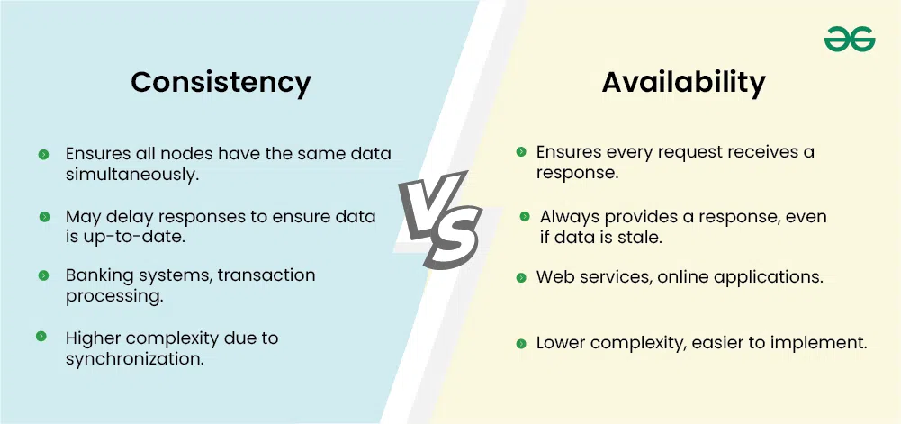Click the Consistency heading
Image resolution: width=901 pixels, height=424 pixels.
point(221,83)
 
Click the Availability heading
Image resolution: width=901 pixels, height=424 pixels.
point(683,83)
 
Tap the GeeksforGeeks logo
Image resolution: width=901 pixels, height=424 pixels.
point(850,40)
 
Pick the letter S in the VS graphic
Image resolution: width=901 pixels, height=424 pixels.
point(454,239)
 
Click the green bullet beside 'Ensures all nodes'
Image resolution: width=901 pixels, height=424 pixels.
point(44,154)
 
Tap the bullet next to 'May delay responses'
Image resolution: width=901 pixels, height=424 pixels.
point(44,217)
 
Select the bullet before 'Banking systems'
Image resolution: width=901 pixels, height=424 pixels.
point(44,275)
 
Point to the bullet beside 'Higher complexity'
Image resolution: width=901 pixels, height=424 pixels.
point(41,336)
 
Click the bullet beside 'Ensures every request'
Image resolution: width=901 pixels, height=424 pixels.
point(521,151)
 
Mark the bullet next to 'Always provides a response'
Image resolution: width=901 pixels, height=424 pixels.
point(525,217)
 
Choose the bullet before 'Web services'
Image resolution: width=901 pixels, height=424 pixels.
point(521,278)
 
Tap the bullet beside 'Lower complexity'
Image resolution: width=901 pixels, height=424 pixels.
point(521,344)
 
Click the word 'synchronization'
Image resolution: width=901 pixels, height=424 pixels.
point(134,359)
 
